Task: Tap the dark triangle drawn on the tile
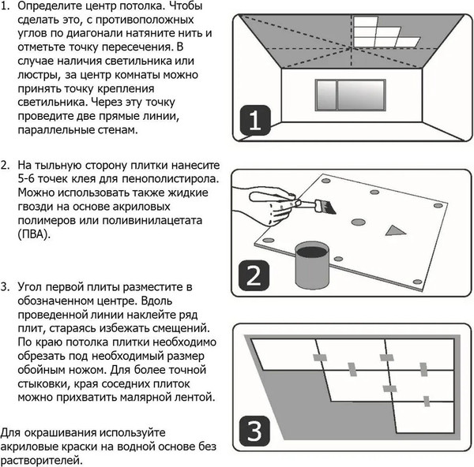pos(393,230)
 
